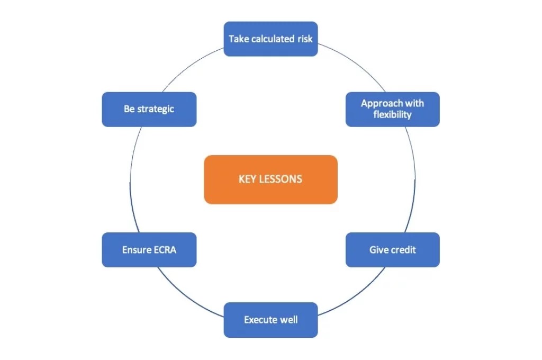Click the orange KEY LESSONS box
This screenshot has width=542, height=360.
point(270,179)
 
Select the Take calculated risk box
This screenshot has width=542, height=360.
point(270,39)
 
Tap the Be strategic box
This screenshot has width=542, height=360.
point(149,109)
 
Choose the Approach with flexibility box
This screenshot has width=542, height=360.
point(392,109)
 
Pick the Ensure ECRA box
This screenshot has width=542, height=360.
point(149,249)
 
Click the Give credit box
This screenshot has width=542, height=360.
point(392,249)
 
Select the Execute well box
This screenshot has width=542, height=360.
point(270,320)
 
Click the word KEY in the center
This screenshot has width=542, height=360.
point(248,179)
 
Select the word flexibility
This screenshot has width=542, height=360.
point(392,114)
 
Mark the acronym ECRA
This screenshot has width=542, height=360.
point(165,249)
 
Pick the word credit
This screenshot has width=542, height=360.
point(403,249)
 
